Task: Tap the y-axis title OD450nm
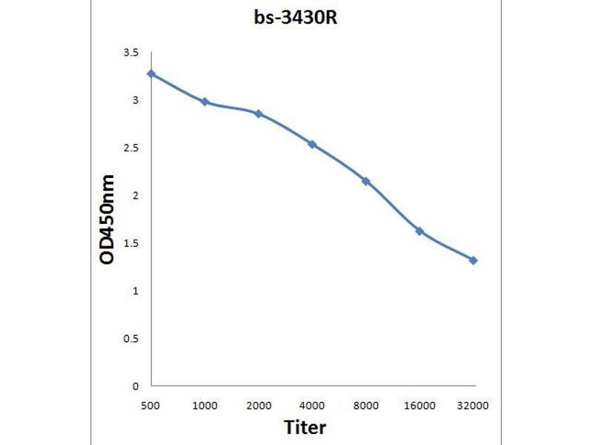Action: click(x=108, y=220)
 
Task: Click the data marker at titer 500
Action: click(x=151, y=73)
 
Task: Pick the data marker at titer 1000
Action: click(x=205, y=102)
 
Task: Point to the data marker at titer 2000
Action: click(x=259, y=113)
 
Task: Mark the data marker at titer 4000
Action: click(x=312, y=144)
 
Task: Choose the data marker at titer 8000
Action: click(x=366, y=181)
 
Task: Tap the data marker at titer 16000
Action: click(x=420, y=231)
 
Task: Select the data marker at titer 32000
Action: click(x=474, y=260)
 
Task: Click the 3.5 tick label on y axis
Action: click(x=131, y=53)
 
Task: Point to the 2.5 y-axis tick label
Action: click(x=131, y=148)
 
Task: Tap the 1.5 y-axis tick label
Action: click(x=131, y=243)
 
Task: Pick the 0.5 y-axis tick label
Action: click(x=131, y=338)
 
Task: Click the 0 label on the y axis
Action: click(x=136, y=386)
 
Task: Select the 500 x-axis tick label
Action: click(x=151, y=406)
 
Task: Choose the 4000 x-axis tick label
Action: click(x=312, y=406)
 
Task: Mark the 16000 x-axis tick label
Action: click(x=420, y=406)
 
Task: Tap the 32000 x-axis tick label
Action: click(x=474, y=406)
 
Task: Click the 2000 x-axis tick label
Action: click(x=259, y=406)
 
